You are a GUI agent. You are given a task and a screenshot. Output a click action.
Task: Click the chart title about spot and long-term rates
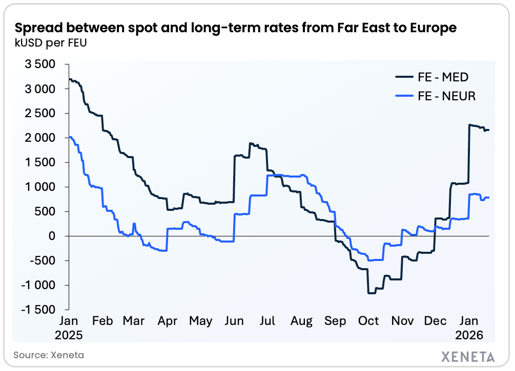click(x=235, y=28)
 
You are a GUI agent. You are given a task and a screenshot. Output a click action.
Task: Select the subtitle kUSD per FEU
click(x=50, y=42)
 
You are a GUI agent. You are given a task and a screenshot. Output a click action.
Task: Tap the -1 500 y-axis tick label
click(x=38, y=310)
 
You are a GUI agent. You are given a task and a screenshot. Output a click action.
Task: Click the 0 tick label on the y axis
click(x=52, y=236)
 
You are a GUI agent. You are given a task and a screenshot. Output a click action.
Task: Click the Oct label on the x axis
click(x=368, y=321)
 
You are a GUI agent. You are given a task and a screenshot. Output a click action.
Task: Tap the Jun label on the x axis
click(x=234, y=321)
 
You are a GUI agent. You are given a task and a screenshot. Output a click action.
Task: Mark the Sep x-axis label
click(x=335, y=321)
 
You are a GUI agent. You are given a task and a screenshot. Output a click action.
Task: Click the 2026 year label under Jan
click(x=470, y=335)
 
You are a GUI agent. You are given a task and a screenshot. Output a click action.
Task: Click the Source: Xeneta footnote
click(x=49, y=355)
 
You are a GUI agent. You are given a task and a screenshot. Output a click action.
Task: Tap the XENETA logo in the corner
click(x=468, y=356)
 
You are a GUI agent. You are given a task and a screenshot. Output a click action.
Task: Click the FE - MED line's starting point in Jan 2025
click(x=69, y=79)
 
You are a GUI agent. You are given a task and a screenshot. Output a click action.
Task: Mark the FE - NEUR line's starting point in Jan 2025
click(x=69, y=137)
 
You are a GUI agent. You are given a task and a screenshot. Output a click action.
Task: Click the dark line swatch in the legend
click(x=404, y=77)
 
